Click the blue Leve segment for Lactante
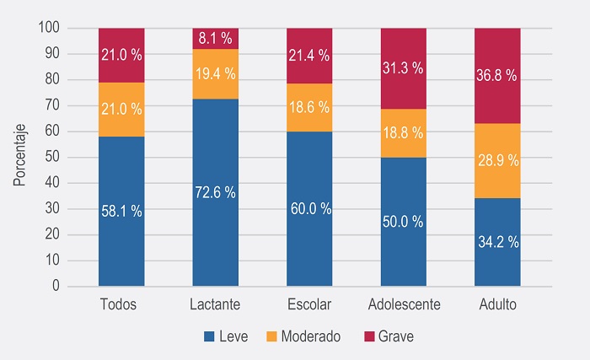[216, 228]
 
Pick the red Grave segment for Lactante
[216, 39]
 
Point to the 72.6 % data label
[216, 193]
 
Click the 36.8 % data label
[498, 76]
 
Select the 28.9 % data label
[498, 160]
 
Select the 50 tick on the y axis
[52, 158]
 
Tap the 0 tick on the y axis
[56, 287]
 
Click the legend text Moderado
[311, 336]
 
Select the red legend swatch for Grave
[369, 336]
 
